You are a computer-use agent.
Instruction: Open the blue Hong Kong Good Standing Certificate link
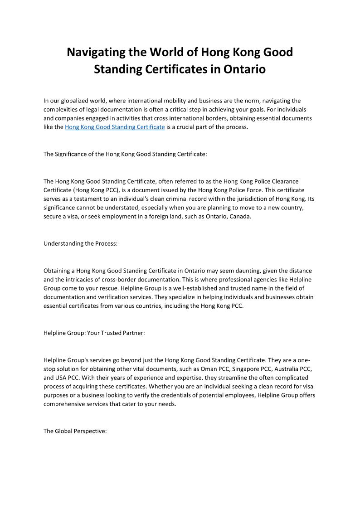pyautogui.click(x=115, y=127)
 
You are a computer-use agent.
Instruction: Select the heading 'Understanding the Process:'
pyautogui.click(x=80, y=243)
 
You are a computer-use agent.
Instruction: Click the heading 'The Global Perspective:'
pyautogui.click(x=75, y=431)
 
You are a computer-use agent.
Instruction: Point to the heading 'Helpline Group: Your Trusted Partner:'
pyautogui.click(x=94, y=333)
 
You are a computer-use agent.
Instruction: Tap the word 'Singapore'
pyautogui.click(x=246, y=368)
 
